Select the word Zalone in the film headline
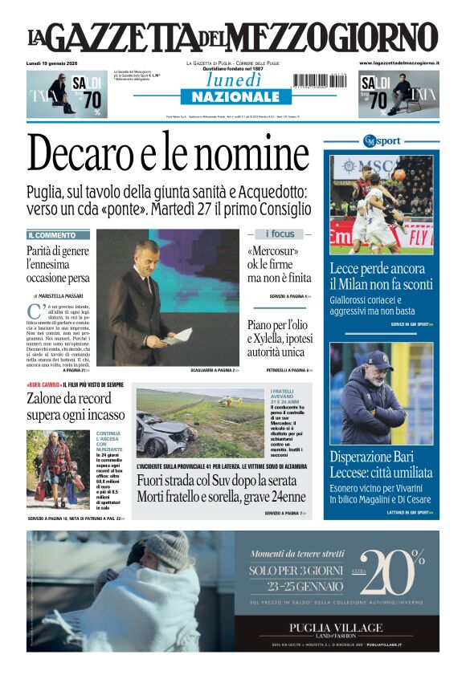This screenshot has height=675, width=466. pos(47,398)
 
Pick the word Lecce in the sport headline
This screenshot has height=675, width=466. pos(346,270)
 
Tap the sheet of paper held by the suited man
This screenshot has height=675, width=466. pos(179,335)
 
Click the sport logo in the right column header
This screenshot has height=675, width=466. pos(380,141)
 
